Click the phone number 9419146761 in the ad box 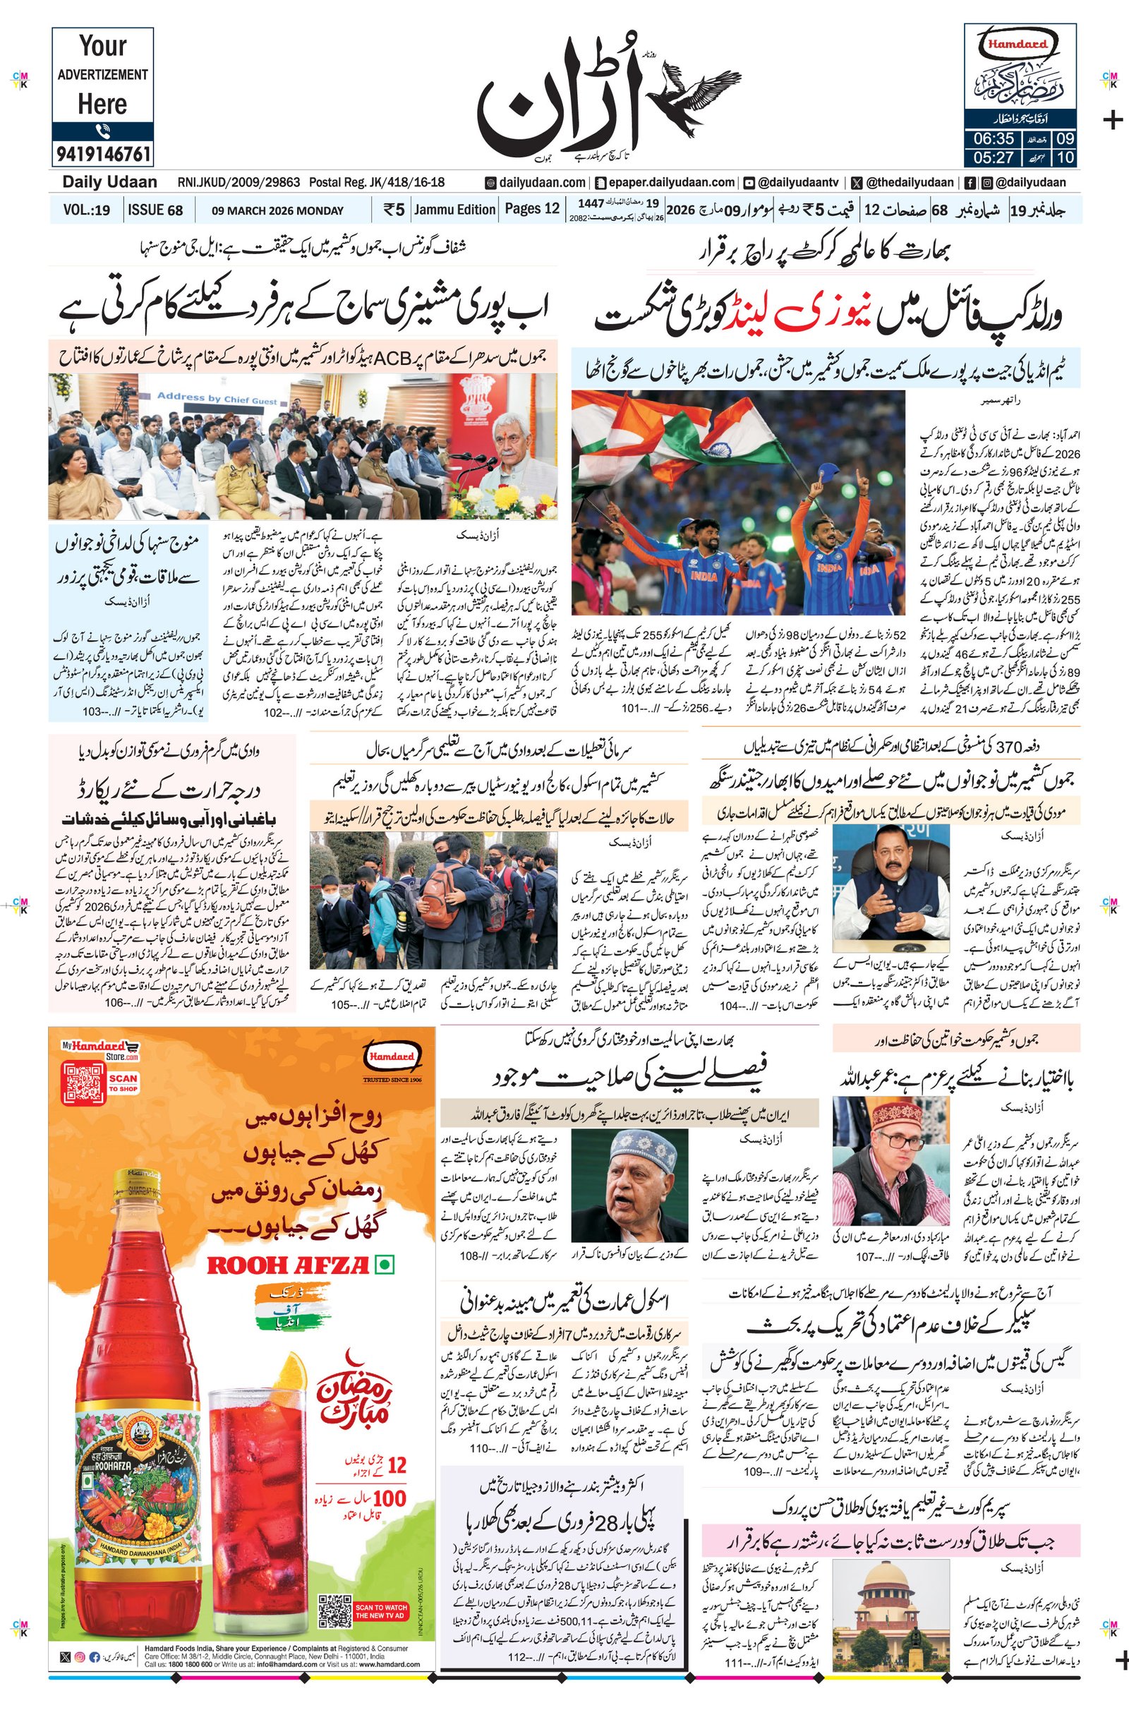[x=102, y=154]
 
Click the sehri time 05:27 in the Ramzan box [x=994, y=157]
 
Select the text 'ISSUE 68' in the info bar [x=155, y=210]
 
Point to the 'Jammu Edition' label [x=455, y=210]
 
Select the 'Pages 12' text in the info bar [x=532, y=209]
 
